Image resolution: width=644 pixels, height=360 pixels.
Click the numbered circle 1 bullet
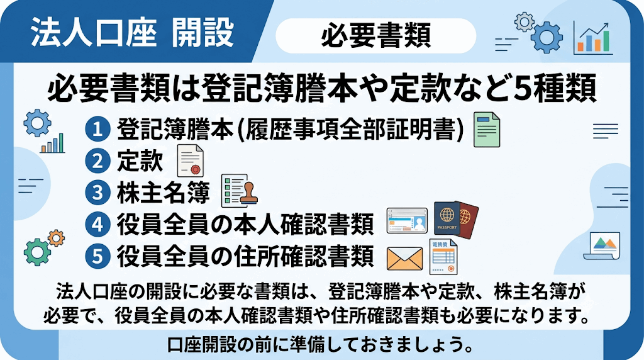pyautogui.click(x=97, y=129)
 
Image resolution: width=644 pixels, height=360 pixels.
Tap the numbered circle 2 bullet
pyautogui.click(x=97, y=160)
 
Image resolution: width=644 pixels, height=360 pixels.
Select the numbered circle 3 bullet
pyautogui.click(x=97, y=193)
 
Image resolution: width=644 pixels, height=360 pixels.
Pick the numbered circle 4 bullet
pyautogui.click(x=97, y=225)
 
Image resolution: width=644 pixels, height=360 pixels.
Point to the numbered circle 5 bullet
pyautogui.click(x=97, y=256)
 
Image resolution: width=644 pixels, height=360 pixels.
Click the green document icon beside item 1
pyautogui.click(x=487, y=130)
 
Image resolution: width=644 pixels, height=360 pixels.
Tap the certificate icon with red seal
pyautogui.click(x=190, y=160)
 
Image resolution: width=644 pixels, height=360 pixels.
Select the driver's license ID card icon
pyautogui.click(x=407, y=220)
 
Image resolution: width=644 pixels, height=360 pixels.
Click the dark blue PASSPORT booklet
pyautogui.click(x=447, y=218)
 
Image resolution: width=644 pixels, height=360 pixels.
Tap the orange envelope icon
pyautogui.click(x=404, y=259)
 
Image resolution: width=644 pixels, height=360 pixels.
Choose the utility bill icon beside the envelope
pyautogui.click(x=443, y=256)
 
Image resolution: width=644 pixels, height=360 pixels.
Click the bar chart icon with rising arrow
pyautogui.click(x=592, y=38)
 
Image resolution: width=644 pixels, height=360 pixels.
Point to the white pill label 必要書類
pyautogui.click(x=375, y=35)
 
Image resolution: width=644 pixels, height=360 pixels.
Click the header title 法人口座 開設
pyautogui.click(x=132, y=32)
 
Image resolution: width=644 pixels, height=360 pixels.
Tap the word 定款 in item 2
pyautogui.click(x=140, y=160)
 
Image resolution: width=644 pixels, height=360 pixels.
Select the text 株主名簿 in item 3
pyautogui.click(x=164, y=193)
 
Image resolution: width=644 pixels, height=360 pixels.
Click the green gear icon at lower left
pyautogui.click(x=37, y=252)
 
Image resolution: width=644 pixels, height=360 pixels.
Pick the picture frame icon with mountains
pyautogui.click(x=602, y=246)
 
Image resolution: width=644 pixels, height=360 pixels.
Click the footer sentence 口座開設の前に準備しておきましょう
pyautogui.click(x=320, y=345)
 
